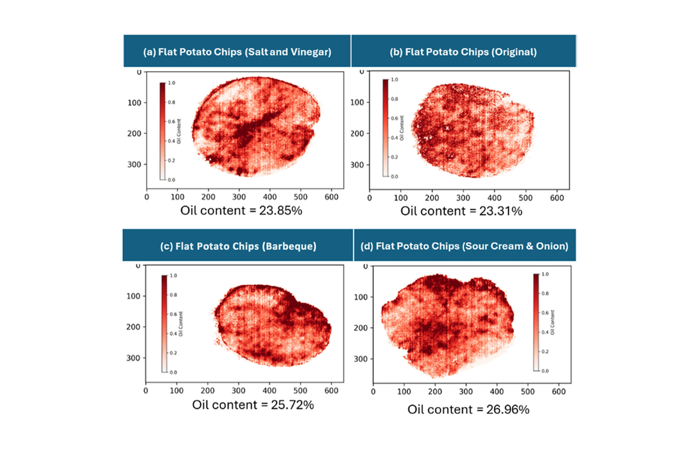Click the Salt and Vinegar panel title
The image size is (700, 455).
point(237,52)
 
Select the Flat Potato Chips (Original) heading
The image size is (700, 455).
point(463,52)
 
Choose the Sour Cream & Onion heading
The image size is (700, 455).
point(464,246)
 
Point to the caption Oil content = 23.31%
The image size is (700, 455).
point(461,211)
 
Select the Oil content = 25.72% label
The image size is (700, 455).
point(253,405)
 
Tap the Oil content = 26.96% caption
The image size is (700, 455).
point(468,409)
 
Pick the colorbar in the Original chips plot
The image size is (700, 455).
point(386,128)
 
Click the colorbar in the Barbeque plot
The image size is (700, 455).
point(164,323)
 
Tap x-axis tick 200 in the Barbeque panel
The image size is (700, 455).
point(207,391)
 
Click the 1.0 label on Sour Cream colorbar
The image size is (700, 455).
point(545,274)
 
